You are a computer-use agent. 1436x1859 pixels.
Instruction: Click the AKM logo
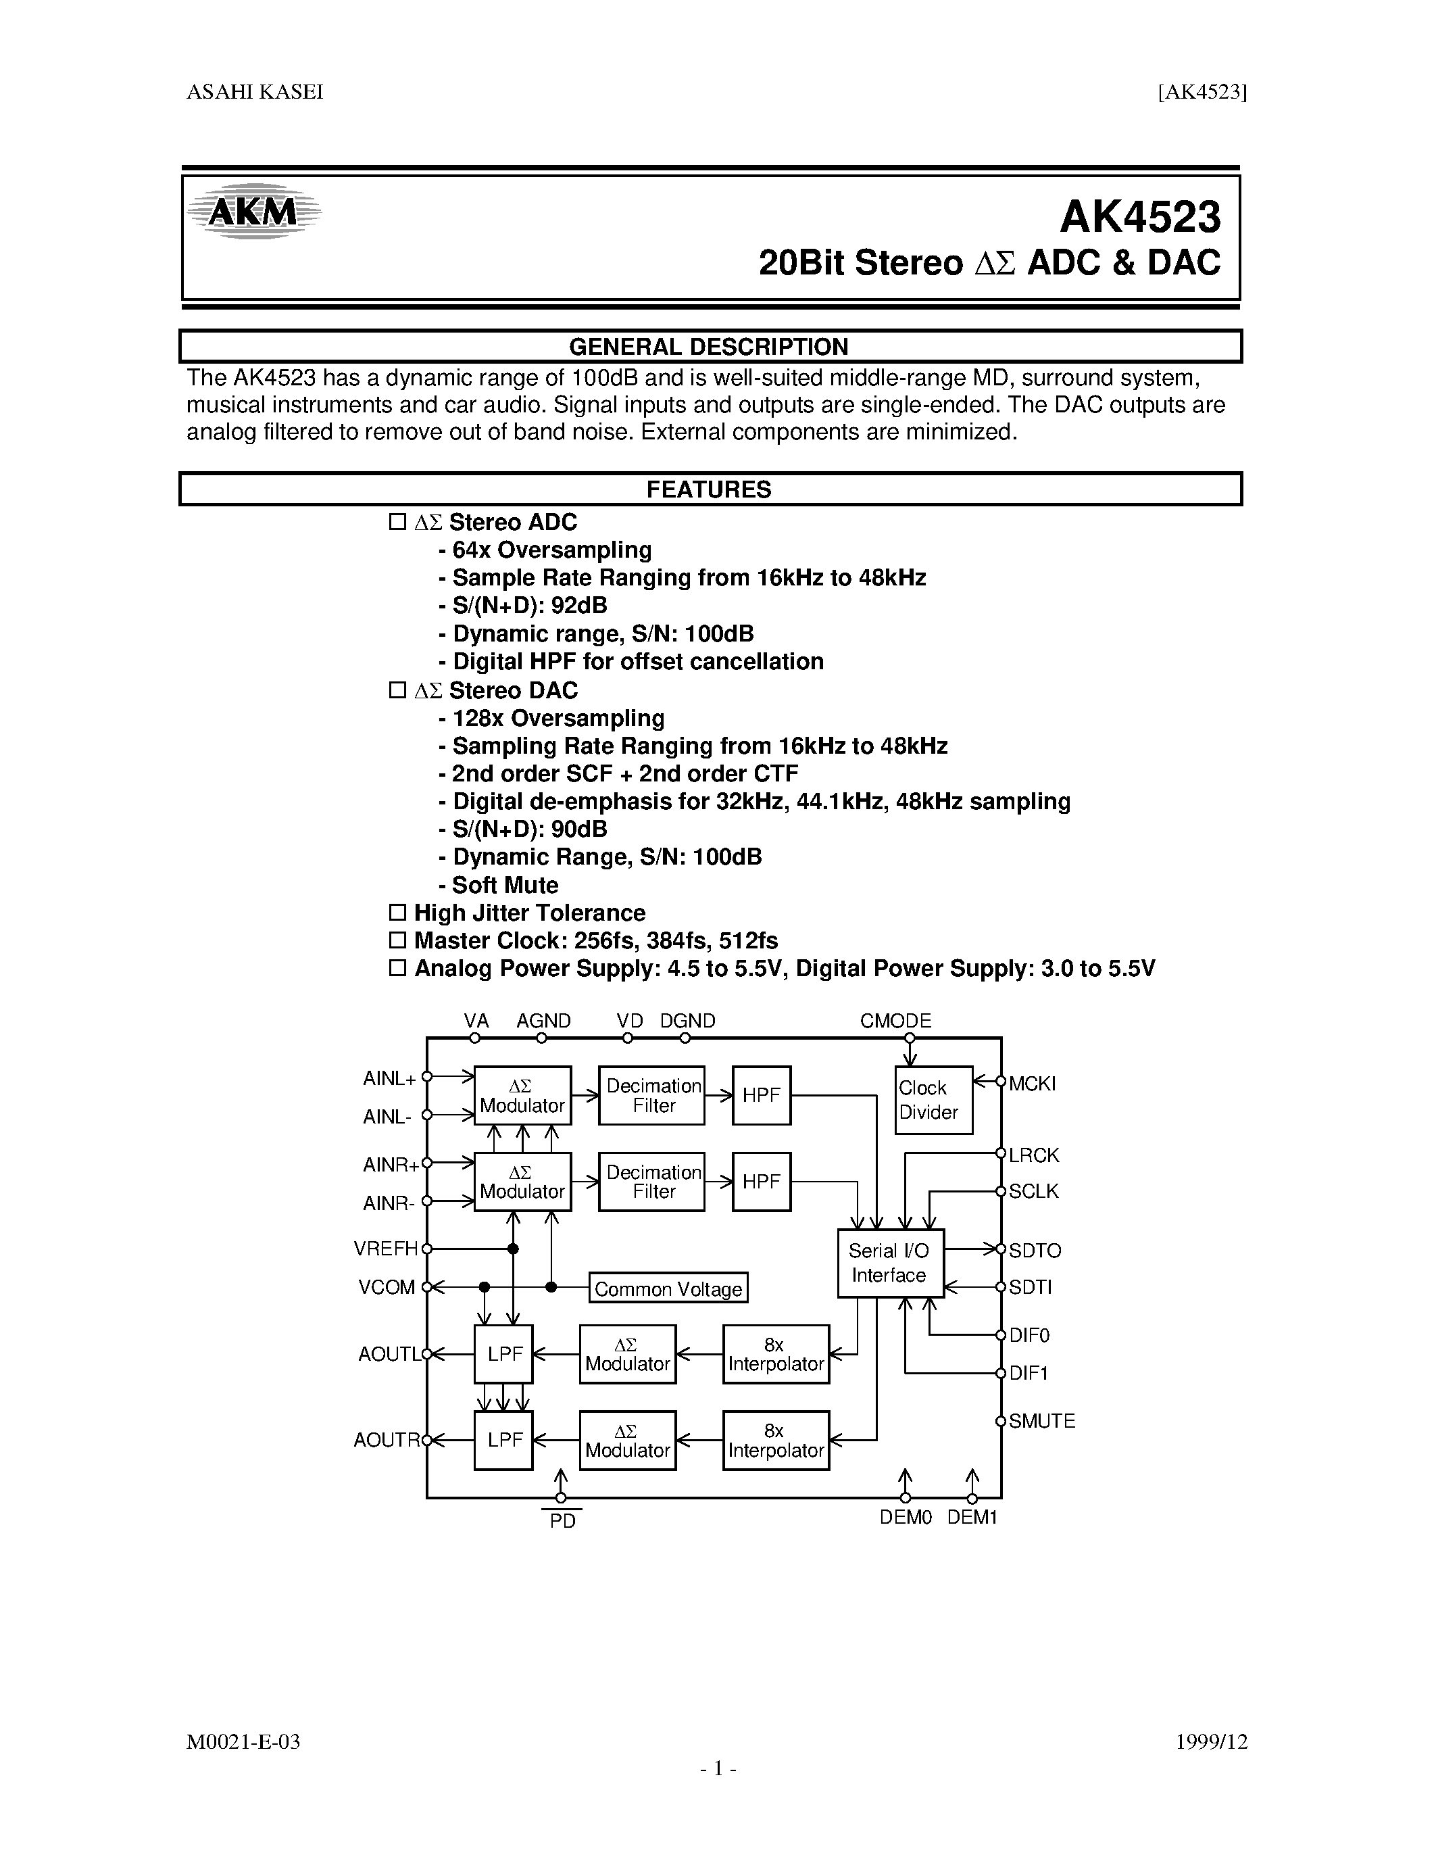pos(253,210)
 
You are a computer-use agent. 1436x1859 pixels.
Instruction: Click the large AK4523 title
pos(1139,217)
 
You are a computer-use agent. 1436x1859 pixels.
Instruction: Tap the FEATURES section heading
pos(709,489)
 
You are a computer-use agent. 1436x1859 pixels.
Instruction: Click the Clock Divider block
pos(933,1100)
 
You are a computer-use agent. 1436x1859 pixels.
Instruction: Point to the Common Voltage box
pos(668,1288)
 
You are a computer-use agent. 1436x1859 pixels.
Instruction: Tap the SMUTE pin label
pos(1042,1421)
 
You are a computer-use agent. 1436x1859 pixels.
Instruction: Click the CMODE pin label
pos(896,1021)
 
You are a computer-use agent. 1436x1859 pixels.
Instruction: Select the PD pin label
pos(562,1521)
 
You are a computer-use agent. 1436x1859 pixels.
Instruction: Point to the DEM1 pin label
pos(972,1517)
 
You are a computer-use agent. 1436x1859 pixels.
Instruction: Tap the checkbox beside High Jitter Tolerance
pos(397,913)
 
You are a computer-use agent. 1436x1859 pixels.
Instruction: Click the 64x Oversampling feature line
pos(551,550)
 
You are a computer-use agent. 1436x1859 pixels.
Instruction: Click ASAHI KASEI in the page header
pos(255,93)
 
